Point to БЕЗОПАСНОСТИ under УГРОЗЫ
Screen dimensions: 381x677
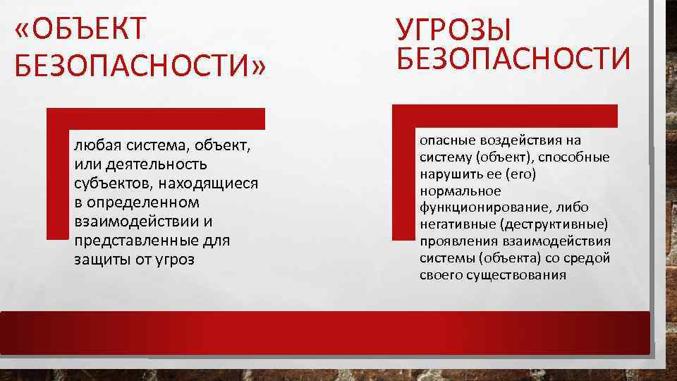click(514, 58)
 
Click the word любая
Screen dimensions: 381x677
click(93, 147)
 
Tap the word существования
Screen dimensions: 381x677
click(516, 275)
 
